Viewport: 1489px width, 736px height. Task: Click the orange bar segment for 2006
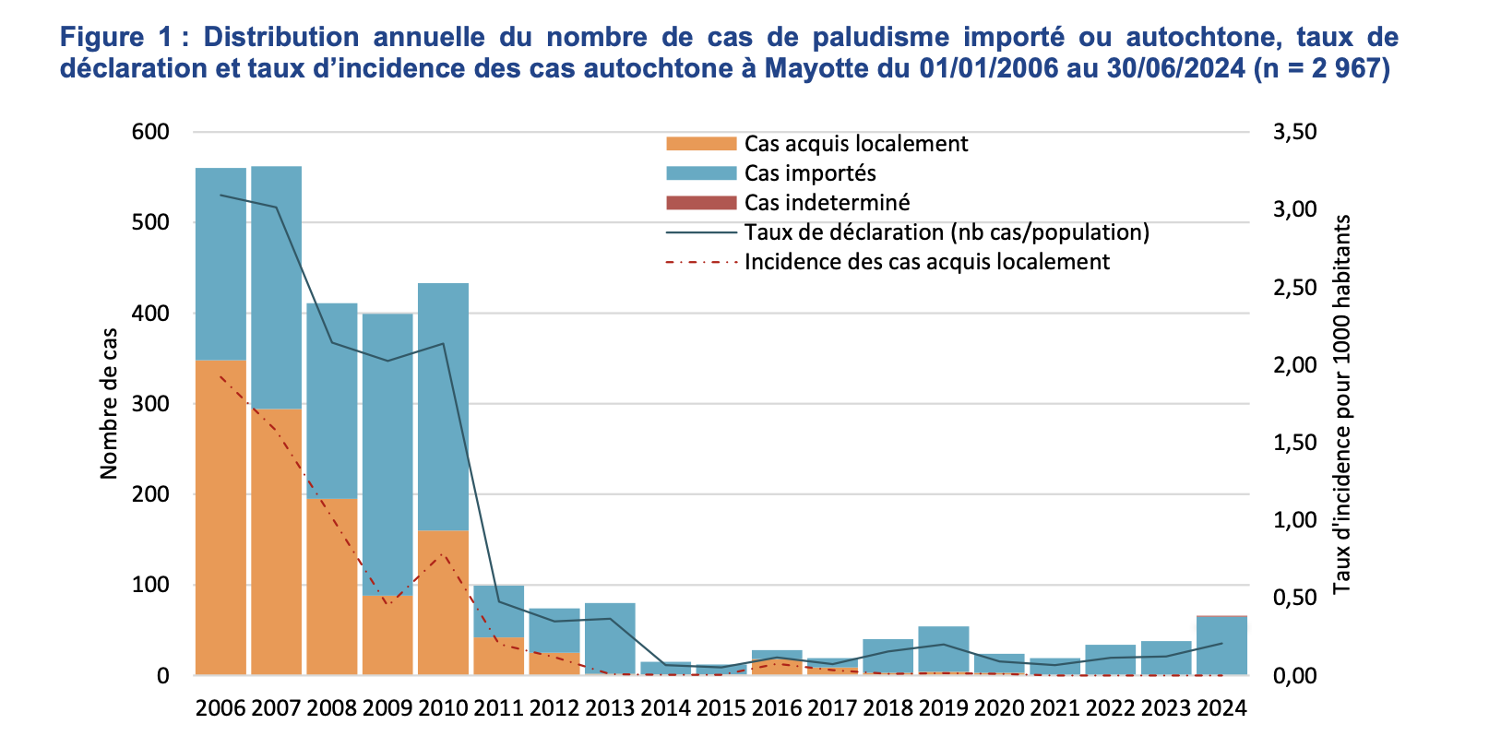(x=220, y=516)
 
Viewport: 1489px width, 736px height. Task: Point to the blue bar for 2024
(x=1221, y=646)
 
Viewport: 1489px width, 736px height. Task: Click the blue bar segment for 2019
(x=943, y=648)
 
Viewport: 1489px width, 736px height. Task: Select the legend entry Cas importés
(x=810, y=173)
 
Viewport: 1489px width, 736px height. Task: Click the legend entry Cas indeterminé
(x=827, y=203)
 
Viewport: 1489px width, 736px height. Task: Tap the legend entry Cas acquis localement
(x=855, y=144)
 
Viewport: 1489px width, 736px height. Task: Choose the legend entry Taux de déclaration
(x=946, y=232)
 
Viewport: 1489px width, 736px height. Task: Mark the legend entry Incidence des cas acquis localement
(x=926, y=262)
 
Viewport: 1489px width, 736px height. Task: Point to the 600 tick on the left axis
(x=151, y=132)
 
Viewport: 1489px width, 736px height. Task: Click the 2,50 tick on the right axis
(x=1294, y=288)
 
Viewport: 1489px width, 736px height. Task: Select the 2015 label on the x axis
(x=721, y=708)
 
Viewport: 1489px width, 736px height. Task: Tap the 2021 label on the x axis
(x=1054, y=708)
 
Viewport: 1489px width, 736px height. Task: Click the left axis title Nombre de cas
(x=109, y=403)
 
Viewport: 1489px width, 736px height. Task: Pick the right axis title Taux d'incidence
(x=1341, y=403)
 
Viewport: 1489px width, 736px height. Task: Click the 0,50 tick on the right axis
(x=1294, y=599)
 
